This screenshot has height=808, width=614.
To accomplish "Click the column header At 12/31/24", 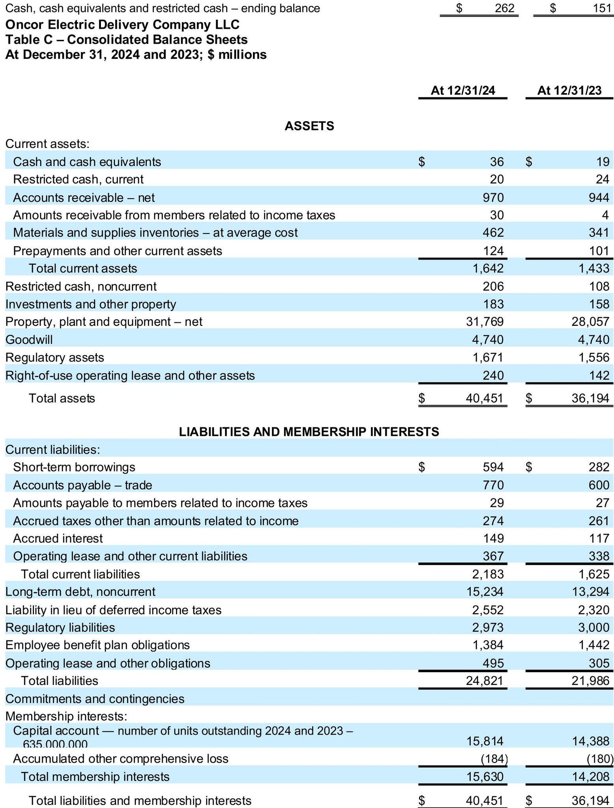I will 462,90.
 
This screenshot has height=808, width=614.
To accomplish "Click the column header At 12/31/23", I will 569,90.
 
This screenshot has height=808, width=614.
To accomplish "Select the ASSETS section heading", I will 309,126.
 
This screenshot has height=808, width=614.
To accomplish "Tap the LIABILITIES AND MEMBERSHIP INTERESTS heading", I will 309,432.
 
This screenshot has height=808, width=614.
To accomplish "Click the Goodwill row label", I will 29,339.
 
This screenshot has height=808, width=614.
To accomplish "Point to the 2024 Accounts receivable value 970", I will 493,197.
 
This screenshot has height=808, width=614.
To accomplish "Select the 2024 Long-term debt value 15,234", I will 488,591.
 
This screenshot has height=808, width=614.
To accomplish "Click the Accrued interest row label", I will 58,538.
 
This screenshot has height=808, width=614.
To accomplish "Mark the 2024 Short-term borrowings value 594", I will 493,467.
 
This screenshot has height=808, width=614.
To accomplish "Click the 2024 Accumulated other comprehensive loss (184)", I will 493,758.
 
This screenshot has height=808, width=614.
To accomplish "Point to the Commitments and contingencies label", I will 95,699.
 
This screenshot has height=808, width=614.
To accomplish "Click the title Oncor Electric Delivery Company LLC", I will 122,25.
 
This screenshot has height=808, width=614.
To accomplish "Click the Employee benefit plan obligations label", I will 97,645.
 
